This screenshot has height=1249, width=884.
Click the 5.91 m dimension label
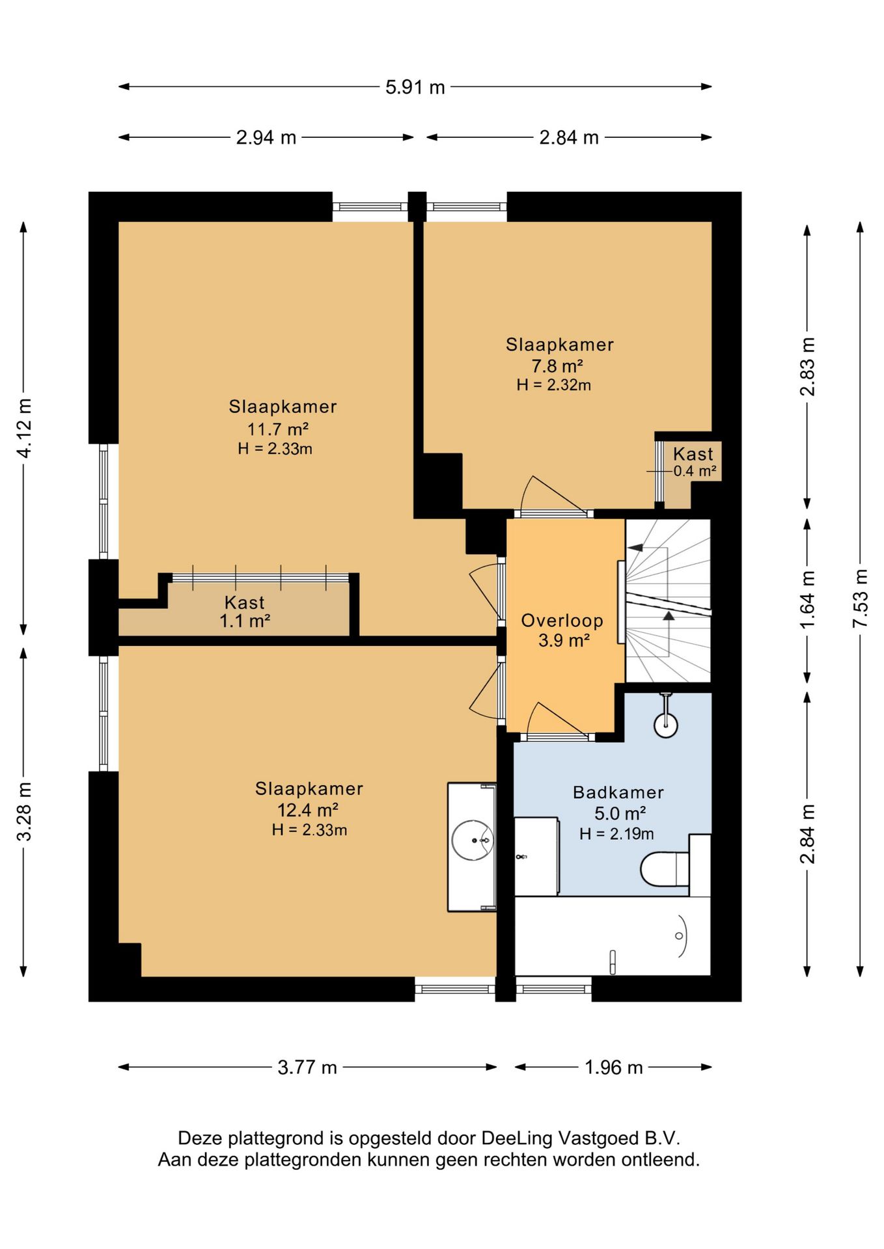pyautogui.click(x=415, y=87)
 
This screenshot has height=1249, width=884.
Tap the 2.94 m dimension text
pyautogui.click(x=266, y=138)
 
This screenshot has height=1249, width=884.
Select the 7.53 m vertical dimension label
pyautogui.click(x=861, y=598)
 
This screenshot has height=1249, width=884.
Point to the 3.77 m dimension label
pyautogui.click(x=307, y=1068)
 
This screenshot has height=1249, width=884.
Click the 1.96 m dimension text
pyautogui.click(x=614, y=1068)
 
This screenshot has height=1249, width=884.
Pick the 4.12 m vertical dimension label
pyautogui.click(x=24, y=428)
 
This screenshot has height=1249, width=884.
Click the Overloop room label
pyautogui.click(x=562, y=621)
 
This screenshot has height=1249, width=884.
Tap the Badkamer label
pyautogui.click(x=618, y=792)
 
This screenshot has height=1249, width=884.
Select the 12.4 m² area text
pyautogui.click(x=308, y=810)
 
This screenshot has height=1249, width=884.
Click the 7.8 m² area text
pyautogui.click(x=557, y=366)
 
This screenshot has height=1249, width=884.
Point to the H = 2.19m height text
pyautogui.click(x=617, y=834)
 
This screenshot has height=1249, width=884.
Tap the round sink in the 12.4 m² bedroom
pyautogui.click(x=473, y=840)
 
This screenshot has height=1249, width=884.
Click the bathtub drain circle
pyautogui.click(x=679, y=936)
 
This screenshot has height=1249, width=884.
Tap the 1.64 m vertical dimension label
pyautogui.click(x=807, y=599)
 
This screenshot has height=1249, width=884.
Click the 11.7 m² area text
pyautogui.click(x=277, y=429)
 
